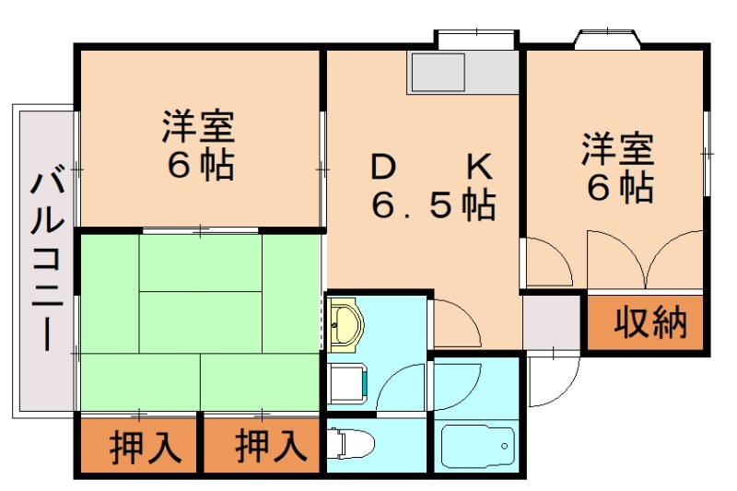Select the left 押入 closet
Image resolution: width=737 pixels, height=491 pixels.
coord(138,447)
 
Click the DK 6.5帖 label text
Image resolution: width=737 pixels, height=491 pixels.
coord(432,186)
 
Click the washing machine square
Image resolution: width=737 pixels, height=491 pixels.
coord(349,383)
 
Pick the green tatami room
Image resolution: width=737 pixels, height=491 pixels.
coord(200,322)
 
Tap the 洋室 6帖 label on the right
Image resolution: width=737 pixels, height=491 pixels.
coord(617,168)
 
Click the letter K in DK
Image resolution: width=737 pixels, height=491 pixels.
coord(480,167)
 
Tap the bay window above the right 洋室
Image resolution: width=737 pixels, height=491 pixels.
coord(608,40)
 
